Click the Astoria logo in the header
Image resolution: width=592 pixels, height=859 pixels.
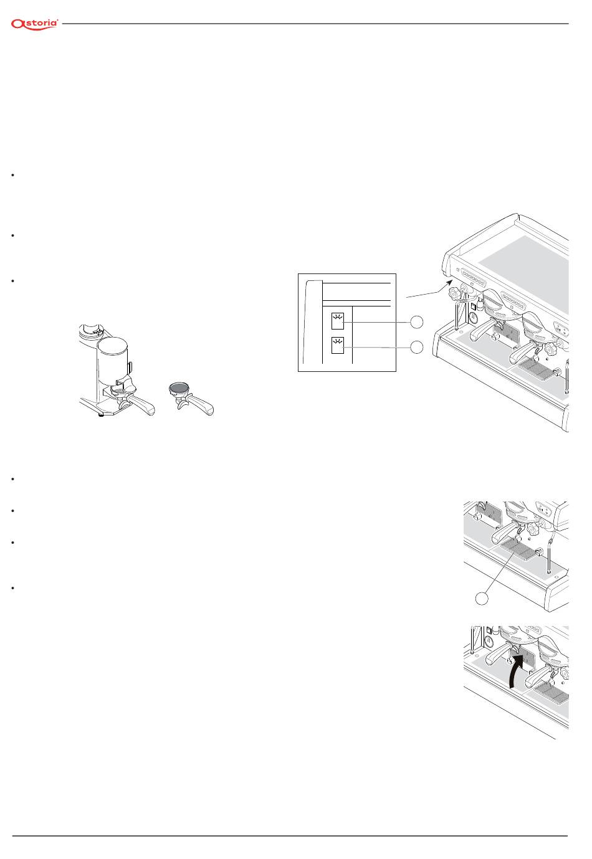[x=34, y=24]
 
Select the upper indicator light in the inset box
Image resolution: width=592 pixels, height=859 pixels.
[x=338, y=321]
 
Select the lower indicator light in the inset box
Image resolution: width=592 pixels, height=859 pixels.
[x=338, y=345]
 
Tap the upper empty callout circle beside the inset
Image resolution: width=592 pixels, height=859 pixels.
[x=417, y=322]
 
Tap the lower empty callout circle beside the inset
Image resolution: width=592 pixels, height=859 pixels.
[x=417, y=348]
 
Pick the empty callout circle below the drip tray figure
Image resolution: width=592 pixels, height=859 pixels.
[x=482, y=598]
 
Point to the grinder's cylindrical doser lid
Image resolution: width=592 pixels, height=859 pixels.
[x=112, y=344]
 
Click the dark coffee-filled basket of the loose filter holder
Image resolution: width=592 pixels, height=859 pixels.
[x=179, y=387]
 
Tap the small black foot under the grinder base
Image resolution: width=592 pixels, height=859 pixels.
[x=101, y=414]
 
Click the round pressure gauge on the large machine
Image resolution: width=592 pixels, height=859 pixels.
[x=474, y=318]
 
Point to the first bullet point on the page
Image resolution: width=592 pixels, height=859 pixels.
[x=13, y=175]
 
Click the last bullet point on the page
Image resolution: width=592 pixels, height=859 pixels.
[x=13, y=588]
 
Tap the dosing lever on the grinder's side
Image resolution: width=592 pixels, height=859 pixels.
[x=130, y=366]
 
